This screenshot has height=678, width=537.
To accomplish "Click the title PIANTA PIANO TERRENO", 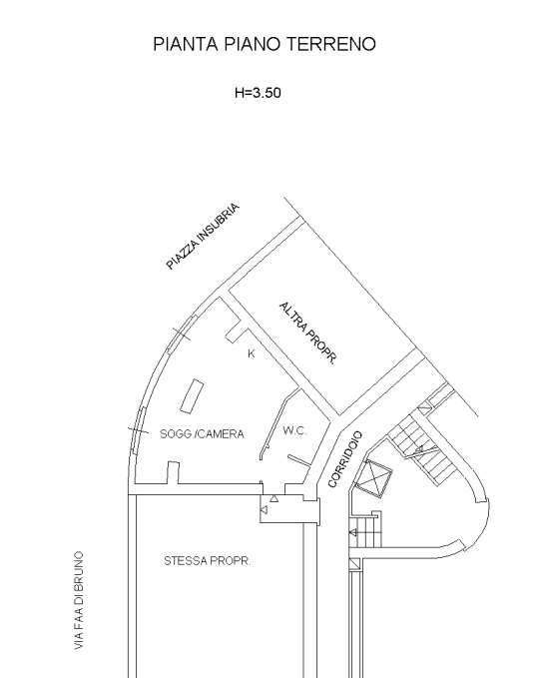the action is (265, 44).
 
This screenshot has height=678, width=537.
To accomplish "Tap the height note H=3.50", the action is (258, 93).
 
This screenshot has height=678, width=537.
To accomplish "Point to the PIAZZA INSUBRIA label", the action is (203, 236).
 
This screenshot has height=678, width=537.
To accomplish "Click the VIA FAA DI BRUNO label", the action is (79, 600).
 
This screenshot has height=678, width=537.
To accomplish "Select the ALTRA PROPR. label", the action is (307, 334).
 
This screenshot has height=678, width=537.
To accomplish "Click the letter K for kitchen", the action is (252, 353).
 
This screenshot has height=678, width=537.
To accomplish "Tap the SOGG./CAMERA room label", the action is (202, 433).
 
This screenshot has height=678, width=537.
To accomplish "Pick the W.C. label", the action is (294, 430).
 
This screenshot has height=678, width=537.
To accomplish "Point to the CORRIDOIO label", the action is (344, 459).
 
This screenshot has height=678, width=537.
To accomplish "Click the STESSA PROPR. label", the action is (207, 561).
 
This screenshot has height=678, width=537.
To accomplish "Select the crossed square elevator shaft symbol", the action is (372, 478).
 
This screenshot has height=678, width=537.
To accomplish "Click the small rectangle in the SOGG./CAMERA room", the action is (192, 396).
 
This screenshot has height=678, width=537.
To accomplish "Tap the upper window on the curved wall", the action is (182, 334).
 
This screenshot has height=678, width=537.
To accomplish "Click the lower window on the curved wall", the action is (139, 430).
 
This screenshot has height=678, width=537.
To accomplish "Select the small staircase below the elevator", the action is (366, 530).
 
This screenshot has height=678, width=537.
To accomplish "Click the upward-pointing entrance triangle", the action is (274, 498).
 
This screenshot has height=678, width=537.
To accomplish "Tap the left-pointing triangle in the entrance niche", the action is (264, 510).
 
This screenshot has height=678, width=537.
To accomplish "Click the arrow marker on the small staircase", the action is (353, 533).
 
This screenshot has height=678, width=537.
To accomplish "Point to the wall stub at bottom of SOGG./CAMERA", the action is (173, 472).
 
